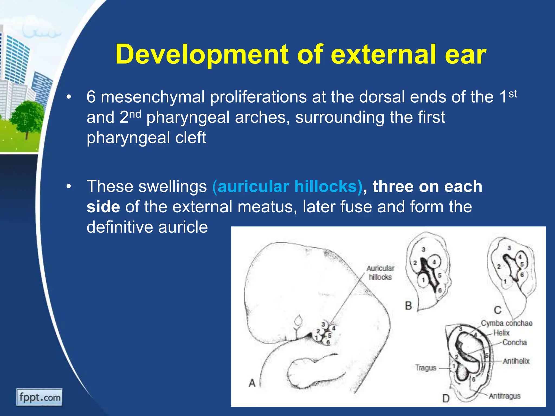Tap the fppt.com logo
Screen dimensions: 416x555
(40, 397)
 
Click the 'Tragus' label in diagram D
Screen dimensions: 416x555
(426, 368)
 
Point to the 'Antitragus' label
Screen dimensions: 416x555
(505, 396)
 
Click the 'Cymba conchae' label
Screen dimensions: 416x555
(506, 323)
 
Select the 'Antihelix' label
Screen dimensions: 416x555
(516, 361)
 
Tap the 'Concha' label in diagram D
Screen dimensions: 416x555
(515, 342)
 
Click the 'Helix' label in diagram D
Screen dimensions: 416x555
(501, 333)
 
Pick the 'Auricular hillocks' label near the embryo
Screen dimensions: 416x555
(380, 272)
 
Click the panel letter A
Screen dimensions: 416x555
(252, 383)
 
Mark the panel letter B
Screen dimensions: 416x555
(408, 306)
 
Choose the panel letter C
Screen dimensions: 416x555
(498, 310)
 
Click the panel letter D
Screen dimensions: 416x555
(446, 398)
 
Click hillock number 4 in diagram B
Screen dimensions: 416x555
(434, 262)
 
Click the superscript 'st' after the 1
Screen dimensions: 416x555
(513, 94)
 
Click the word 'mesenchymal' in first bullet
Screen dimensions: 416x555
(153, 97)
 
